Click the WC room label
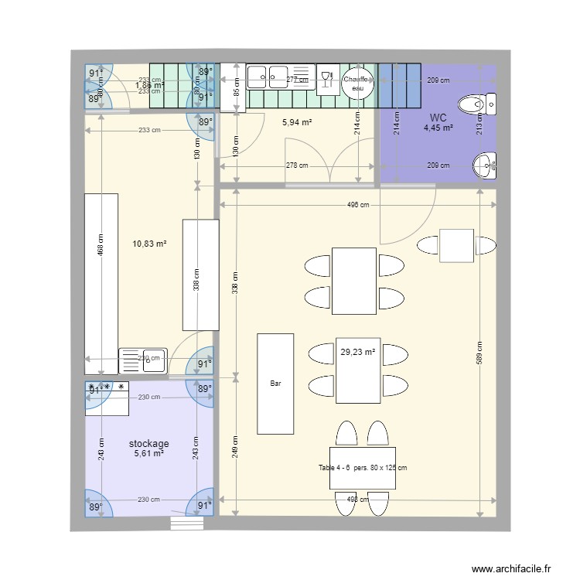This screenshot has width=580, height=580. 438,118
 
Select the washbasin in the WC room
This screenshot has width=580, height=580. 484,162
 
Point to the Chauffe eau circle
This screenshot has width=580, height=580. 357,83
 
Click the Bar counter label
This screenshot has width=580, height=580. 275,384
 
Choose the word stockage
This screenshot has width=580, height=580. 149,444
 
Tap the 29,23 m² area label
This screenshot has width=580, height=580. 357,352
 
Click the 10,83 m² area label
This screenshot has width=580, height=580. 150,244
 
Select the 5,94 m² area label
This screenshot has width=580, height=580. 297,122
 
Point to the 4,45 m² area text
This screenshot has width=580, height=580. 438,128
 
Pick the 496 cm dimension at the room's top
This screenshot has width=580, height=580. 357,205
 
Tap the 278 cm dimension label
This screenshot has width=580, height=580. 297,165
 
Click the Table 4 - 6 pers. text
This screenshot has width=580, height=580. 363,467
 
